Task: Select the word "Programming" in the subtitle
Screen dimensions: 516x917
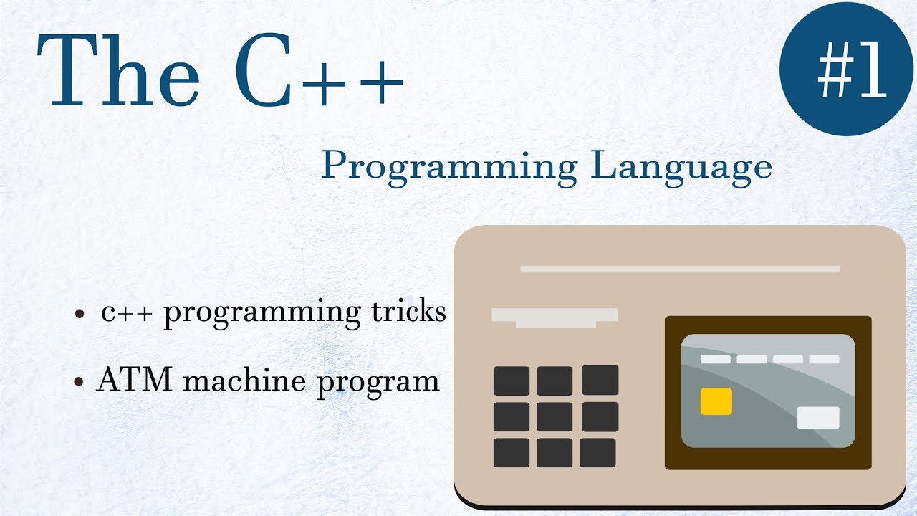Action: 448,167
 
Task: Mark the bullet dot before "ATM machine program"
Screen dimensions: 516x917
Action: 80,382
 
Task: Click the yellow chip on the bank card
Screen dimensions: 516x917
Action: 716,401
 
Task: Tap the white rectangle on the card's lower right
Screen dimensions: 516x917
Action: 817,417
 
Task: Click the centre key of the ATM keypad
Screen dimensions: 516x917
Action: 554,417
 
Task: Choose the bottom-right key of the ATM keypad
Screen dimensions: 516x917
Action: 598,453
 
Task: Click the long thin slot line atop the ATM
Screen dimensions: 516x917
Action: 680,269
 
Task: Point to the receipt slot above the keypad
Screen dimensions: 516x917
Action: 554,317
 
